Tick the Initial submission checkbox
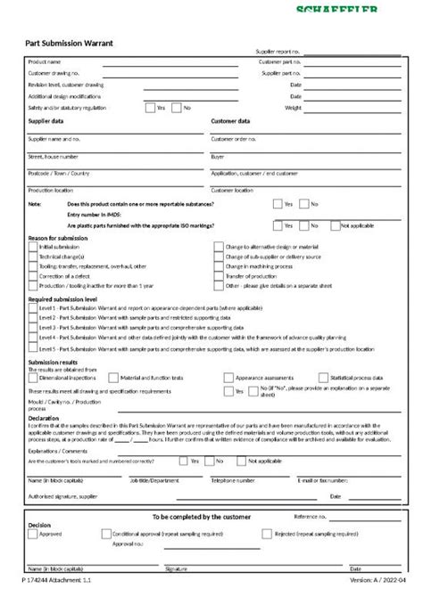[34, 246]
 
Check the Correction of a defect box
[34, 276]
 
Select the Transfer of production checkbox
[220, 276]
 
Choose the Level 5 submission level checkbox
[34, 350]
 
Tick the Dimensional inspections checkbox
[34, 379]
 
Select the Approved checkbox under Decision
[34, 534]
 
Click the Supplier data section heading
[46, 120]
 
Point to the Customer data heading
[230, 120]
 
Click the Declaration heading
[44, 417]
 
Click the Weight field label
[293, 107]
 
